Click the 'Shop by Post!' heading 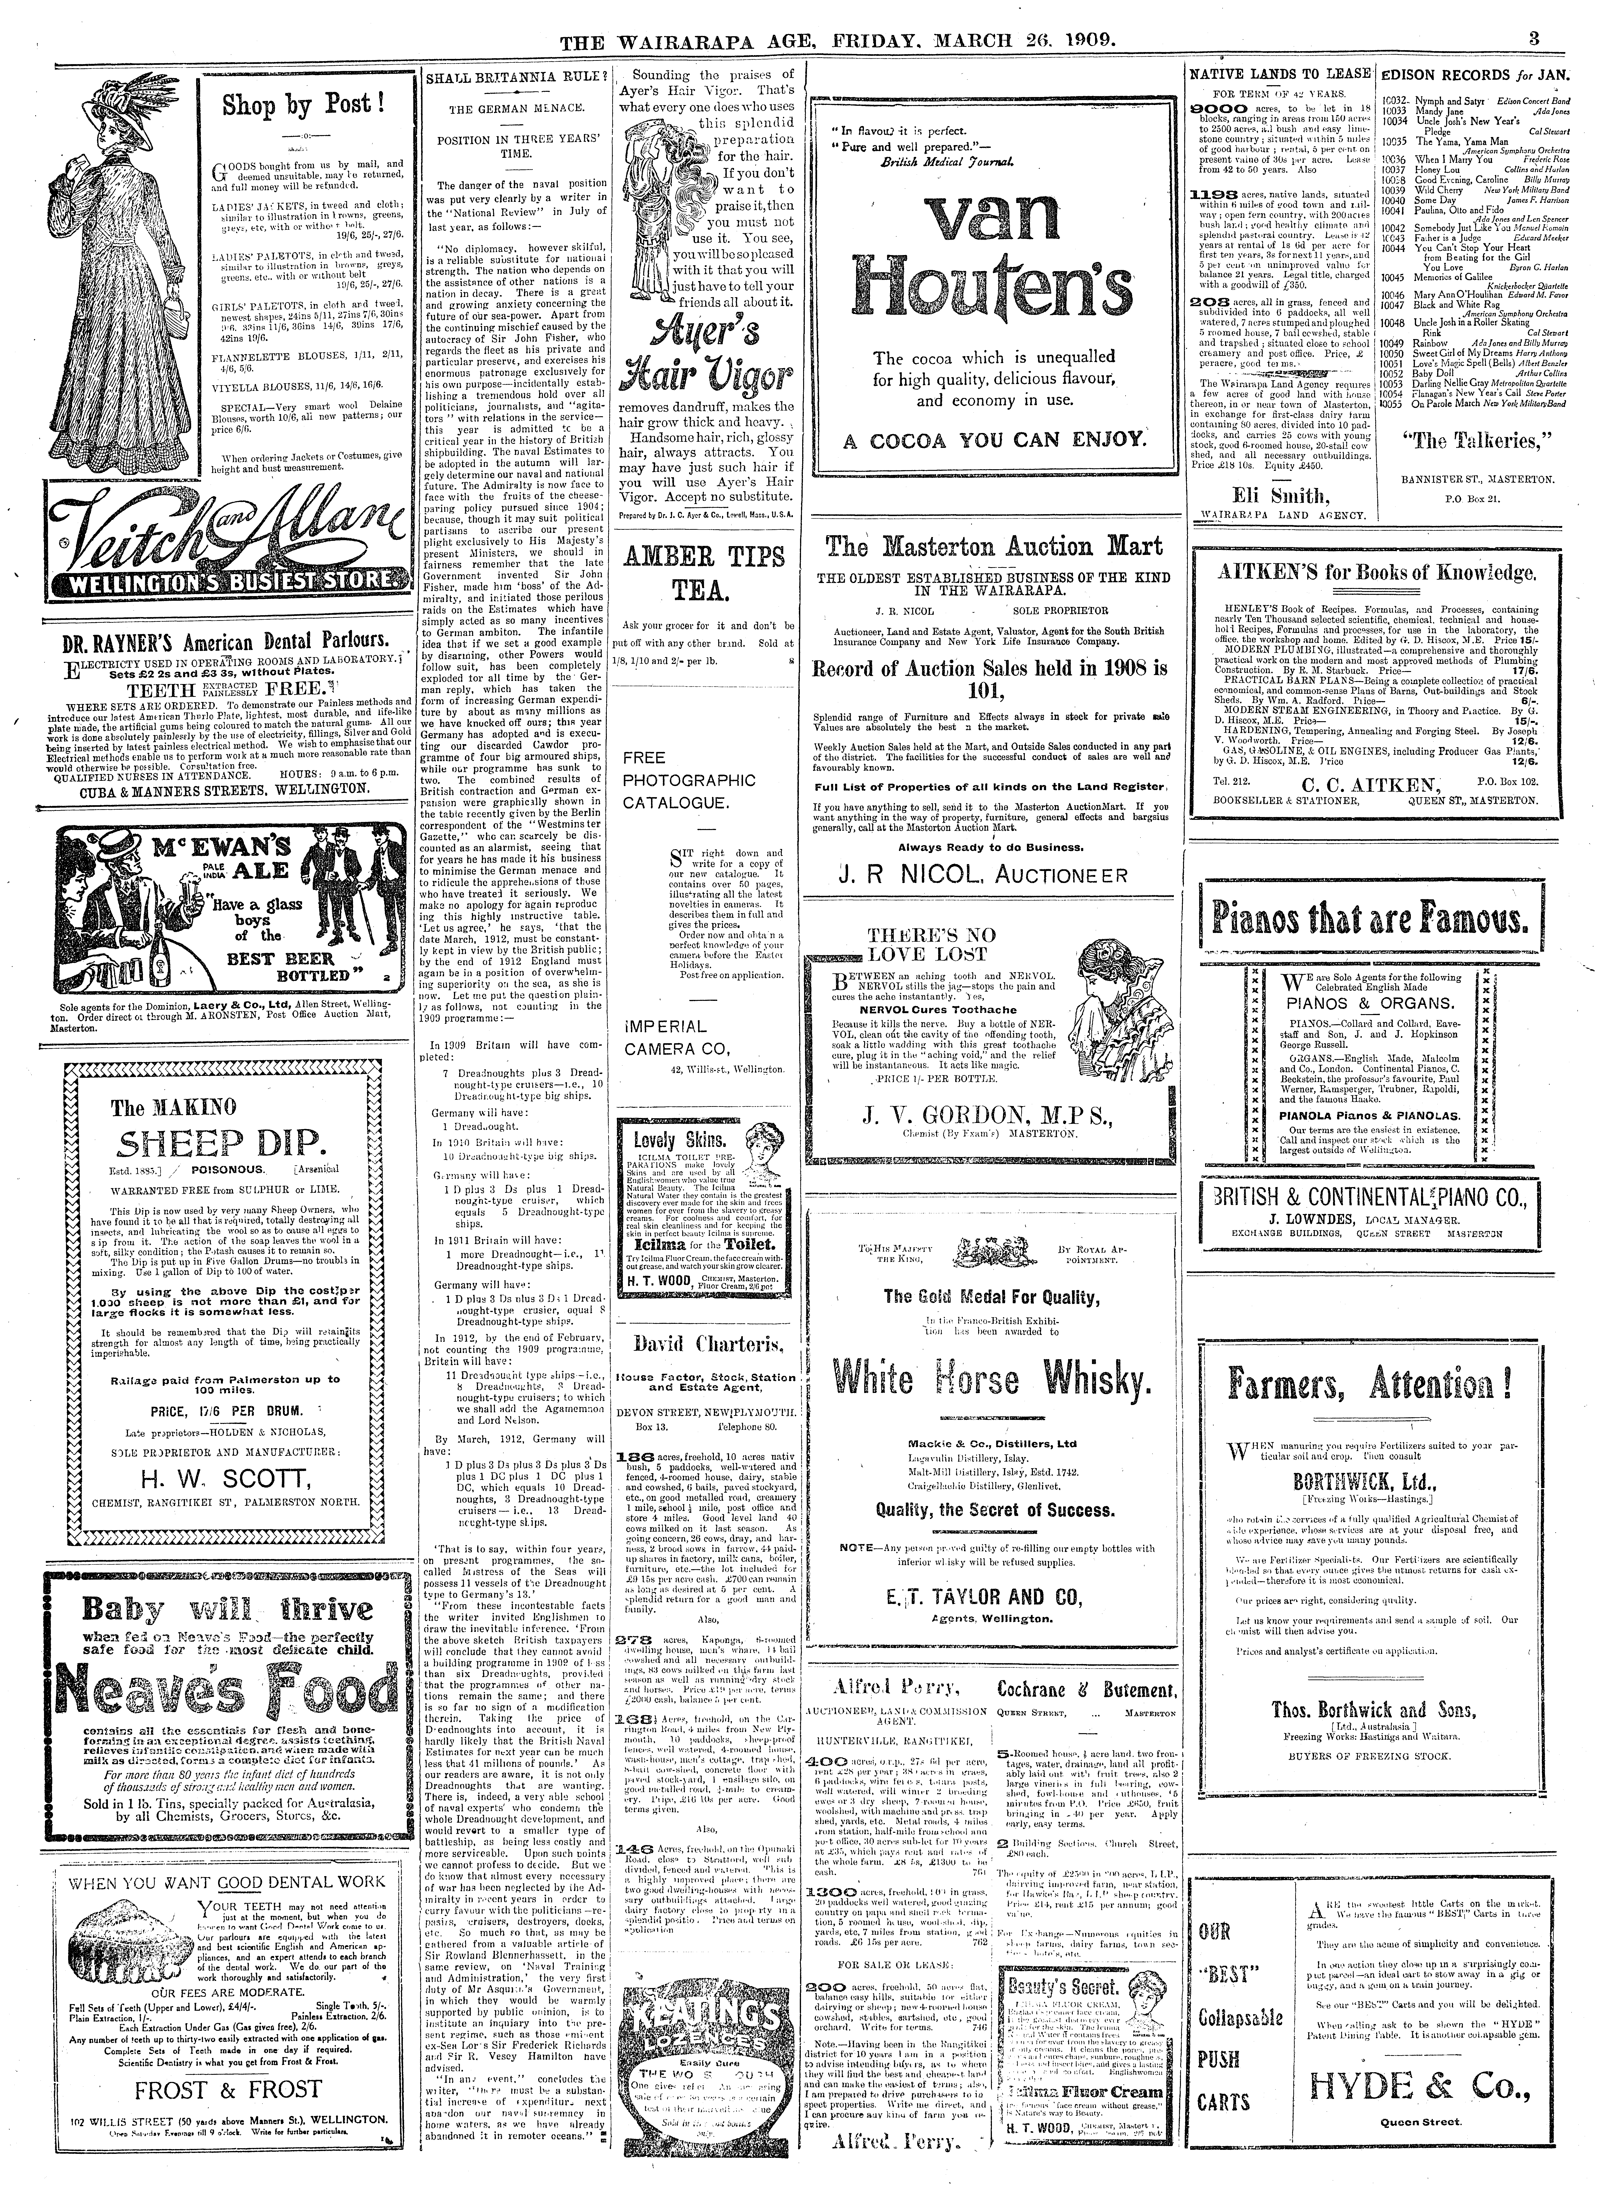304,105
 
